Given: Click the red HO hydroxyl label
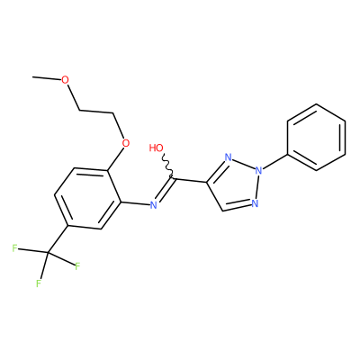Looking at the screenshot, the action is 157,148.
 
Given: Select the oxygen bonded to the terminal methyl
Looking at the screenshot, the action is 65,80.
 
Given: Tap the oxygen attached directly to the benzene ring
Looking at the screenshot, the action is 126,143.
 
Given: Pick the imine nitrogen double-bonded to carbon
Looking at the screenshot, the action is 153,205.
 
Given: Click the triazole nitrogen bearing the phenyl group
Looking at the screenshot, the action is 258,170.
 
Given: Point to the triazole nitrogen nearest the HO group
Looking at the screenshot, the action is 229,157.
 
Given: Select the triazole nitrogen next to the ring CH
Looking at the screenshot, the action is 255,203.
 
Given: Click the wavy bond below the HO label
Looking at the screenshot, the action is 167,167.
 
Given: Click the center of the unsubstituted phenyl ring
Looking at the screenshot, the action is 316,138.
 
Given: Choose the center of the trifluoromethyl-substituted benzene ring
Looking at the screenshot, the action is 87,196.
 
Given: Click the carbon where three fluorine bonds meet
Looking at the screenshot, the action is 48,252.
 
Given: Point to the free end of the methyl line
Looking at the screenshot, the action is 33,76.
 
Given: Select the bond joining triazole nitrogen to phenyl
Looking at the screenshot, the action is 274,161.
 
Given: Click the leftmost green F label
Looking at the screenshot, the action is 14,248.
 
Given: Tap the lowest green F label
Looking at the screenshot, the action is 39,283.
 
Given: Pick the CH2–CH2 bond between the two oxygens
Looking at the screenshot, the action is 96,112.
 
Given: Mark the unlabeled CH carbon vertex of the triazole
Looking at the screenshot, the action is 222,211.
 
